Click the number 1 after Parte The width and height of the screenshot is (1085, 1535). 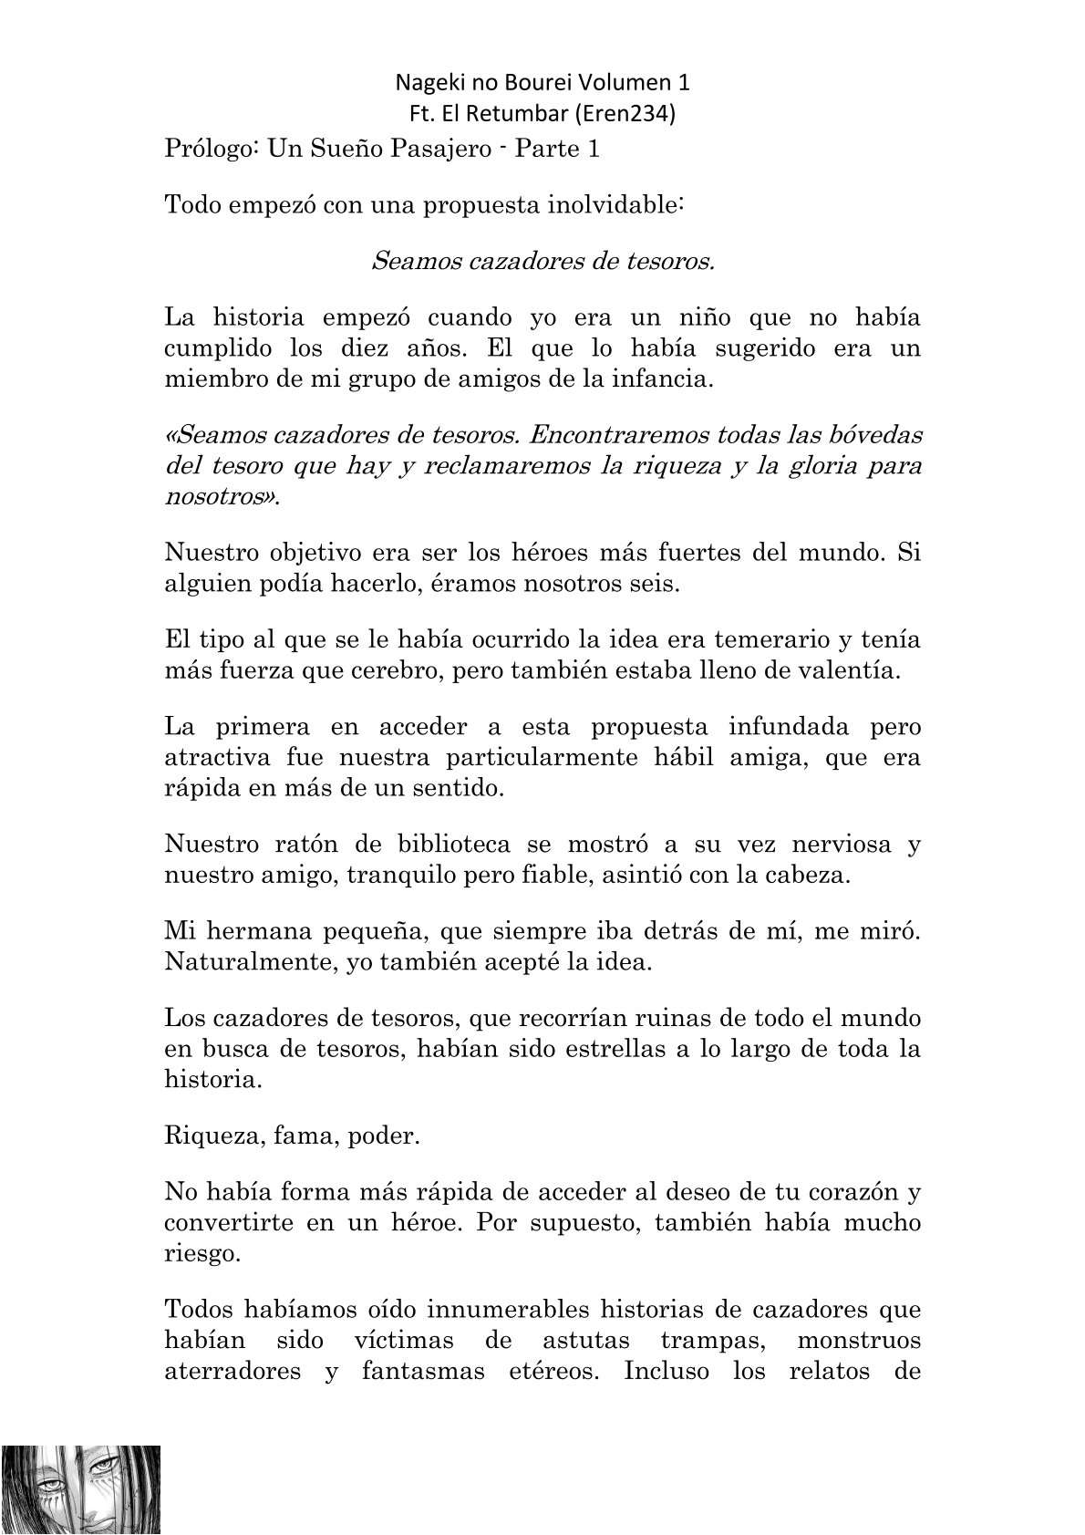coord(594,149)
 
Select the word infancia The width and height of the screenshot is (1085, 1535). coord(663,379)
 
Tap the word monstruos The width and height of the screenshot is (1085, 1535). coord(859,1341)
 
